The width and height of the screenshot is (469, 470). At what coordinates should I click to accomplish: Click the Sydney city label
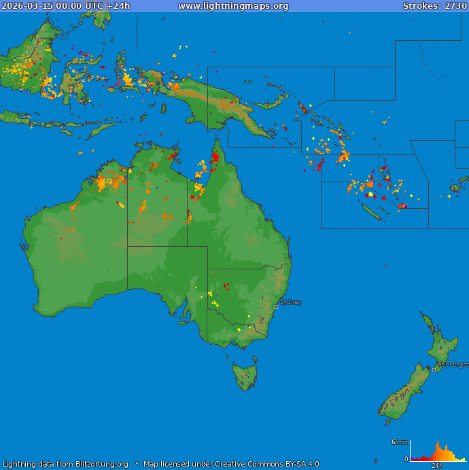tap(291, 301)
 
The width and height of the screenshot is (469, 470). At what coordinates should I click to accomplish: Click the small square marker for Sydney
tap(276, 307)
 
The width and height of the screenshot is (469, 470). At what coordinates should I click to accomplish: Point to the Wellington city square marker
tap(434, 369)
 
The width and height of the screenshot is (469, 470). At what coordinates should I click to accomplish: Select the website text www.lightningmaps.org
tap(233, 5)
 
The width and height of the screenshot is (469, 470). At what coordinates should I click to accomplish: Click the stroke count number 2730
tap(455, 5)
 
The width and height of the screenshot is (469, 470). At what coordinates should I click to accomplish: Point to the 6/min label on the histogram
tap(400, 442)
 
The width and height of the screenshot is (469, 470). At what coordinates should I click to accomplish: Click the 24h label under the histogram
tap(437, 466)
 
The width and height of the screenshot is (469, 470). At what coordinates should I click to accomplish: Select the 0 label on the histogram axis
tap(406, 459)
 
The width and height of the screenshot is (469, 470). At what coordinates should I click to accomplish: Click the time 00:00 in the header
tap(69, 5)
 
